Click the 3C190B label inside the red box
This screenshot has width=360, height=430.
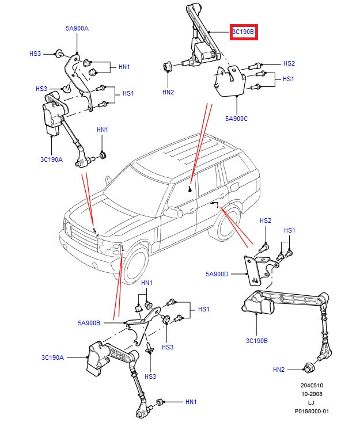pyautogui.click(x=243, y=32)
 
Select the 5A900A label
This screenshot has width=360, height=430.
pyautogui.click(x=77, y=28)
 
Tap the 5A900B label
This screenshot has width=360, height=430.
pyautogui.click(x=89, y=323)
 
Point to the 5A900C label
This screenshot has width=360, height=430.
pyautogui.click(x=236, y=119)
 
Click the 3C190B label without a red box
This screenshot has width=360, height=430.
pyautogui.click(x=256, y=341)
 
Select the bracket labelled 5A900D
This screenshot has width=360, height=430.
pyautogui.click(x=254, y=271)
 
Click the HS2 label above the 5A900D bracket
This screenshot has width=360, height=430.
pyautogui.click(x=266, y=220)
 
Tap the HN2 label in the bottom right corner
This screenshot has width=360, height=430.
pyautogui.click(x=279, y=369)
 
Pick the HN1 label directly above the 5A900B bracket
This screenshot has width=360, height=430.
pyautogui.click(x=147, y=283)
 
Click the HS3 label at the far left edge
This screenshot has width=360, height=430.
pyautogui.click(x=35, y=54)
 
